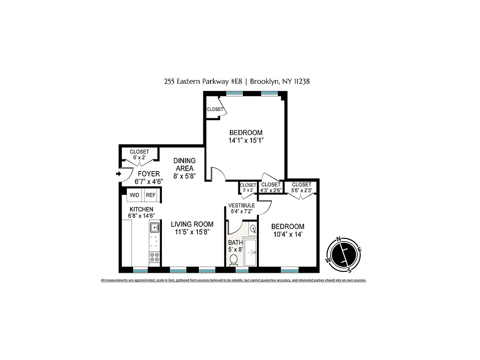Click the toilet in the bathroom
click(233, 260)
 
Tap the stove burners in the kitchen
click(154, 258)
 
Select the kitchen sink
click(154, 227)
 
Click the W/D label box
click(135, 195)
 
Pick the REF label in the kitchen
click(151, 195)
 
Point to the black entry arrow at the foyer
click(119, 174)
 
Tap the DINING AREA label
click(184, 165)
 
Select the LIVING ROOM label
click(192, 228)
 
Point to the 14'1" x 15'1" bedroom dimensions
click(246, 140)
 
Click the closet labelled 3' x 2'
click(248, 187)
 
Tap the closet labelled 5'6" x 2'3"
click(301, 187)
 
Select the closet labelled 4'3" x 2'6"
click(271, 187)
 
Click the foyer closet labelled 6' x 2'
click(139, 154)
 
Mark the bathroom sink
click(253, 229)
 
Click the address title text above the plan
click(236, 81)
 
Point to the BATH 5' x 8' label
click(235, 246)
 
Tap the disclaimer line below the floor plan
click(233, 280)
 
